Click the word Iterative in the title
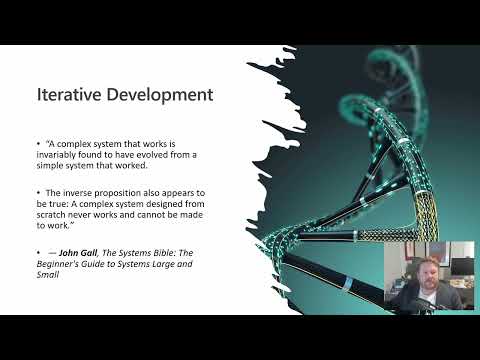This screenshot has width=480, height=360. point(67,96)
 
